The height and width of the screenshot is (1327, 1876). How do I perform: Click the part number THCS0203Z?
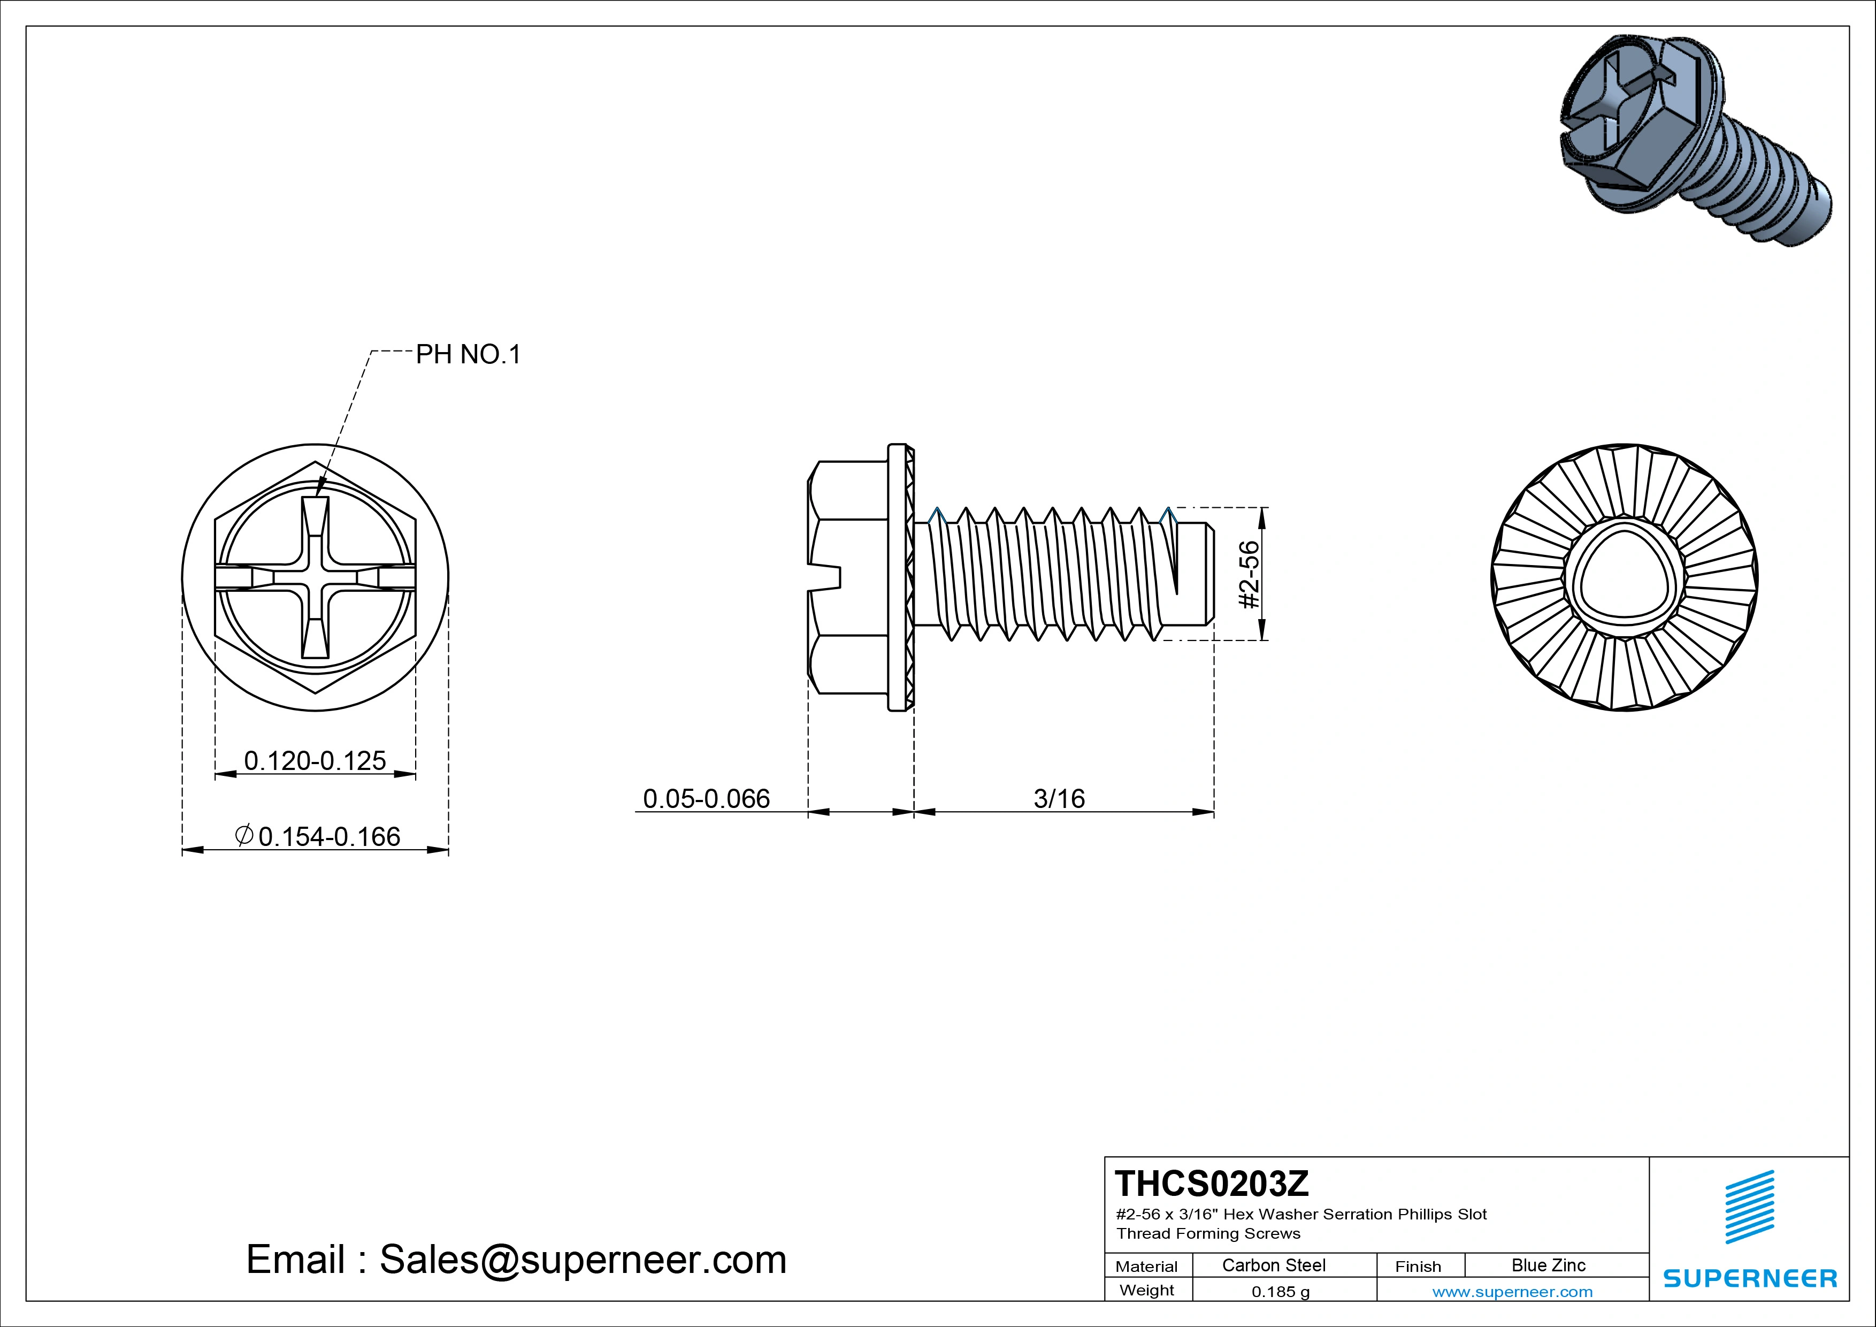(x=1211, y=1183)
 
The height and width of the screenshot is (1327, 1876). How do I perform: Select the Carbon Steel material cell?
(x=1273, y=1265)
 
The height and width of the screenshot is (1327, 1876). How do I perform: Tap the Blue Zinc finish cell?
(x=1548, y=1265)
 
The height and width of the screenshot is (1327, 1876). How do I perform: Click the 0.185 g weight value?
(x=1280, y=1292)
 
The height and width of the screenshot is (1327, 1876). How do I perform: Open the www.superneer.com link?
(x=1512, y=1292)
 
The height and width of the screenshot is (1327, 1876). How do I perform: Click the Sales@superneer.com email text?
(x=582, y=1259)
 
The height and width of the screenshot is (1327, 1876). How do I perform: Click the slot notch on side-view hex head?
(x=825, y=577)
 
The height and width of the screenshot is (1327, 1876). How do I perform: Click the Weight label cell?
(x=1146, y=1290)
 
